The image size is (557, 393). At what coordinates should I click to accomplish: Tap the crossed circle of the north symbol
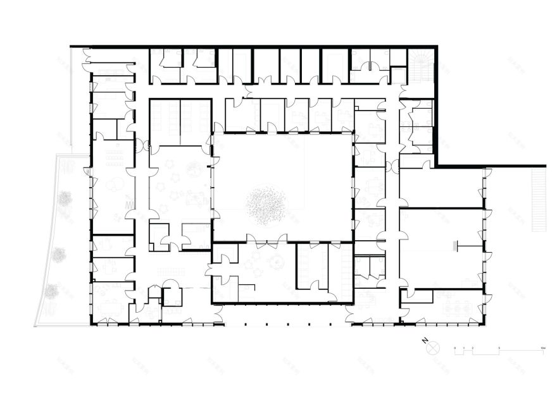coord(433,348)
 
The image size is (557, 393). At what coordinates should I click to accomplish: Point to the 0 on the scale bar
coord(455,347)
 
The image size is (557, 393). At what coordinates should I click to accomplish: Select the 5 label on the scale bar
coord(499,347)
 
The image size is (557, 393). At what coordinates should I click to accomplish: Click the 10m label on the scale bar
coord(542,347)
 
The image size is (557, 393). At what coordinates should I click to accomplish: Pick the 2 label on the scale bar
coord(473,347)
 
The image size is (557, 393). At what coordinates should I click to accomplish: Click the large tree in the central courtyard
coord(266,204)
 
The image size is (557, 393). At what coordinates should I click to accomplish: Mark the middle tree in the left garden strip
coord(59,255)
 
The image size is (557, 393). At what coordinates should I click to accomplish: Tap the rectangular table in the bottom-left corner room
coord(112,309)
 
